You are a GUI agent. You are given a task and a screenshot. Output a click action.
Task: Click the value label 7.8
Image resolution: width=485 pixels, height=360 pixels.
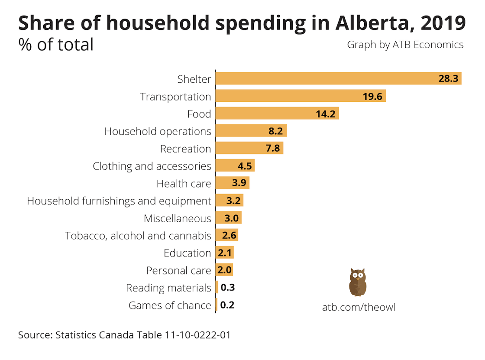[x=273, y=149]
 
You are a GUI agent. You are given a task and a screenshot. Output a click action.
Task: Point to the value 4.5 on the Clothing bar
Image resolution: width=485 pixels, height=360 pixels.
[x=245, y=166]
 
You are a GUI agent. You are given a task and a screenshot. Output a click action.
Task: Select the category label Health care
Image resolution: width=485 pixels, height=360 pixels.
[x=184, y=184]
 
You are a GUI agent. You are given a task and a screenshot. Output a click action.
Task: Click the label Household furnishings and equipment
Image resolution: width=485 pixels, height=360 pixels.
[x=119, y=201]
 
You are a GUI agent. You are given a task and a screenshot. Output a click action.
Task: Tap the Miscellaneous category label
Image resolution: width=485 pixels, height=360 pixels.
[x=178, y=218]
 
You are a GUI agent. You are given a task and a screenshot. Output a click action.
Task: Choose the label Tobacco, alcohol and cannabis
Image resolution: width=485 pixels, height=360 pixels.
[x=138, y=236]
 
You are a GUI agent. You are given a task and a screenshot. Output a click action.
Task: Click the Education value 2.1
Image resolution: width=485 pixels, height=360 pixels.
[x=224, y=253]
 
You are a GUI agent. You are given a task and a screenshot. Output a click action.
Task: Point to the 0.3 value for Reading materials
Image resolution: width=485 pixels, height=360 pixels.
[x=227, y=288]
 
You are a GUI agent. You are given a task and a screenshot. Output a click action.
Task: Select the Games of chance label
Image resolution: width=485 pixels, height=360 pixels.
[x=170, y=305]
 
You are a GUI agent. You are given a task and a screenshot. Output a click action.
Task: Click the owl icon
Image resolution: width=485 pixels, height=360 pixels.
[x=358, y=282]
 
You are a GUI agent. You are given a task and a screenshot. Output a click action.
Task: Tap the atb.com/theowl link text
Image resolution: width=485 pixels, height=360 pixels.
[x=359, y=307]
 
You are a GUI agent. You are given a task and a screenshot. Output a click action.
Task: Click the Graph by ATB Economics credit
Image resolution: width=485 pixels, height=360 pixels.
[x=405, y=45]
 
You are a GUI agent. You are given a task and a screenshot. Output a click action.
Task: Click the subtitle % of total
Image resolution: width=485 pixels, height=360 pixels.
[x=56, y=45]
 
